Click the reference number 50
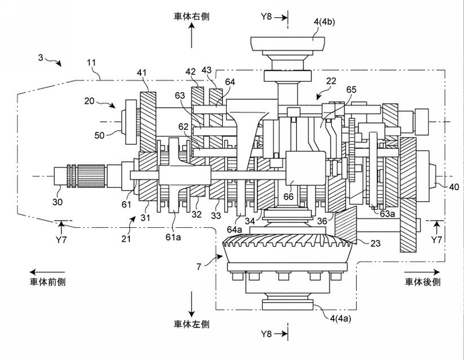click(99, 135)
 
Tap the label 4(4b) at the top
click(324, 22)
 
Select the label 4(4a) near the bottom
click(340, 318)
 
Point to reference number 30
click(57, 202)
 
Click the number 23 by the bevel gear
click(375, 243)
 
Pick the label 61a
click(173, 237)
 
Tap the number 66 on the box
click(288, 197)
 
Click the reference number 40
click(454, 187)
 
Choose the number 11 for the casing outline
click(92, 63)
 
